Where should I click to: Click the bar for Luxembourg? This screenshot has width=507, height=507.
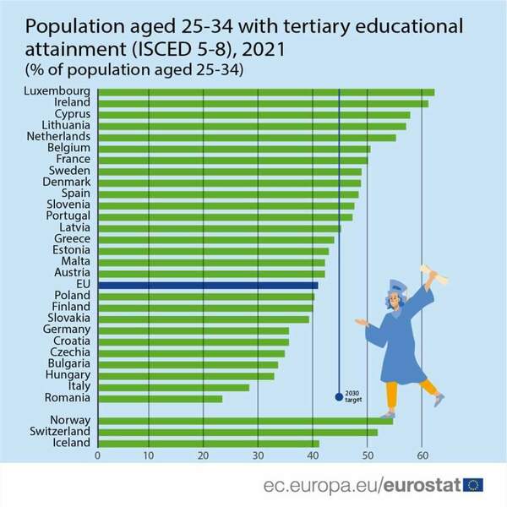266,92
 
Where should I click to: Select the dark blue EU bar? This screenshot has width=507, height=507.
208,285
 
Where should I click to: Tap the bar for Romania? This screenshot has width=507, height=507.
160,398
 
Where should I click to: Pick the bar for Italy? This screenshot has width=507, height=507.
173,386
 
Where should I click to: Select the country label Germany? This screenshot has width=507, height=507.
68,330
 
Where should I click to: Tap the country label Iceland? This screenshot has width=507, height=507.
71,442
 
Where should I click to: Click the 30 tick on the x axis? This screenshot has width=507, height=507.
258,455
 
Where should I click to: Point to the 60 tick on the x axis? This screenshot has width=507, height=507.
422,455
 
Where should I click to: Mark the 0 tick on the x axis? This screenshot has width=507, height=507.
98,455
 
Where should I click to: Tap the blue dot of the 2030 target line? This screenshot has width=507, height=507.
339,395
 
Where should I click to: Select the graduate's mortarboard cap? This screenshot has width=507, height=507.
396,287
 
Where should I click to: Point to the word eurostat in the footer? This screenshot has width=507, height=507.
422,485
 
